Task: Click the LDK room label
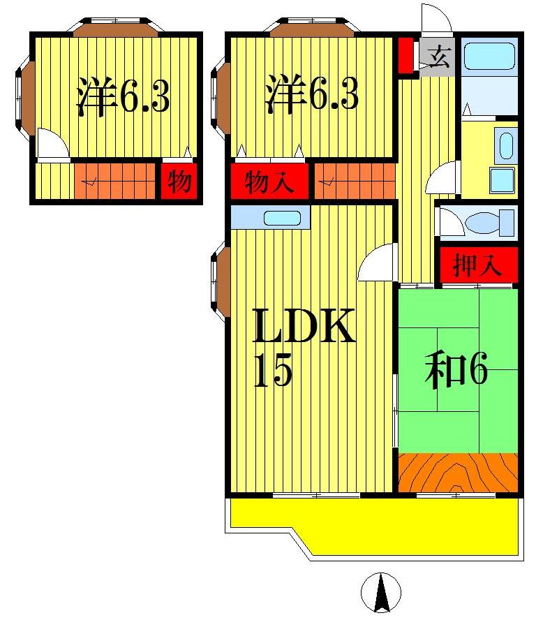(304, 327)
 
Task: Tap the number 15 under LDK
(271, 371)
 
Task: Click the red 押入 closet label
(478, 265)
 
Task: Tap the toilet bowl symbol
(481, 223)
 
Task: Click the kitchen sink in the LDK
(282, 218)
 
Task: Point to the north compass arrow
(381, 593)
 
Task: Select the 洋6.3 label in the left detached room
(123, 97)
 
